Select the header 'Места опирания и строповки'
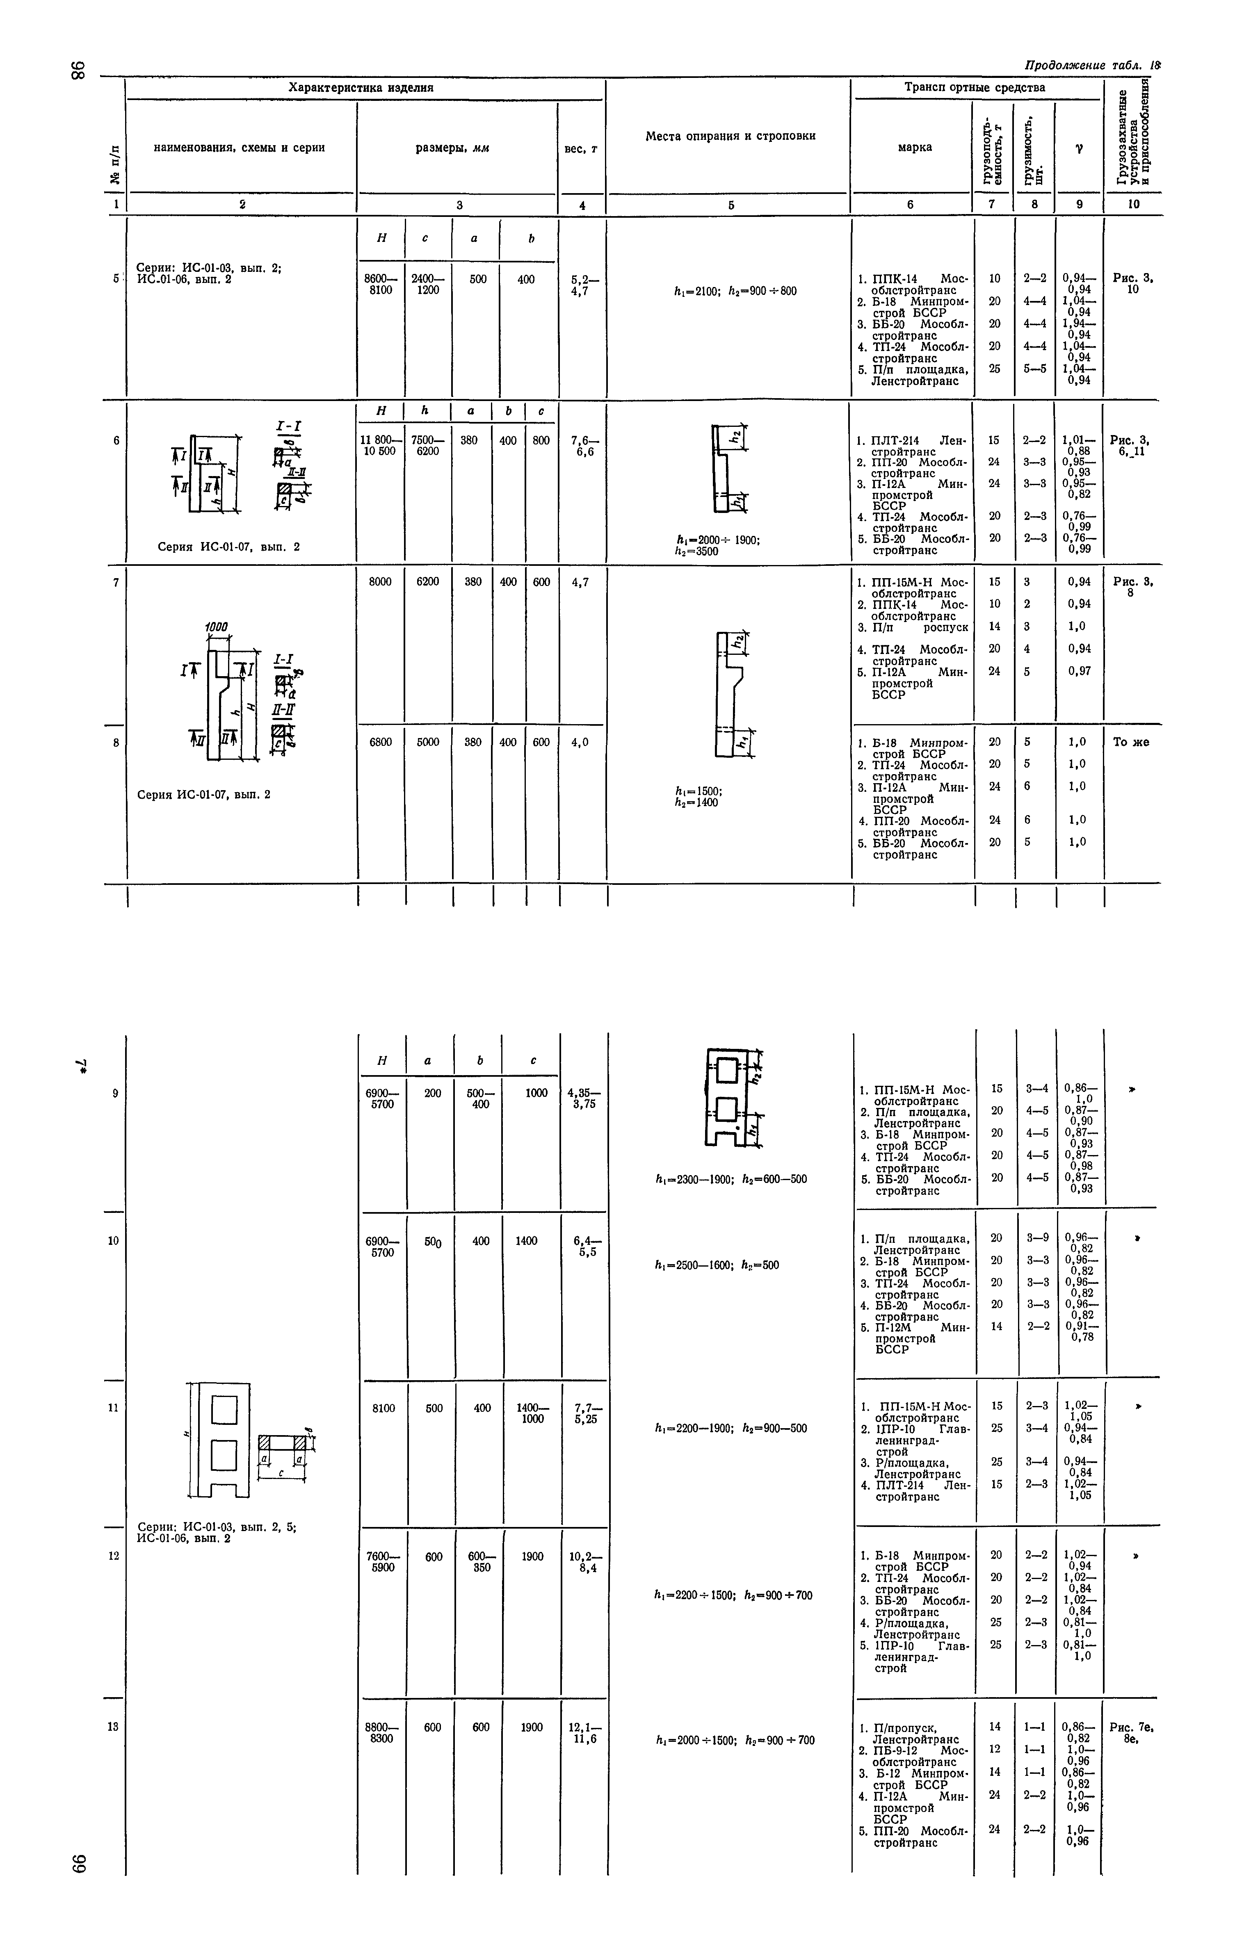(x=730, y=136)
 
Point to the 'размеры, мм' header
(x=452, y=148)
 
